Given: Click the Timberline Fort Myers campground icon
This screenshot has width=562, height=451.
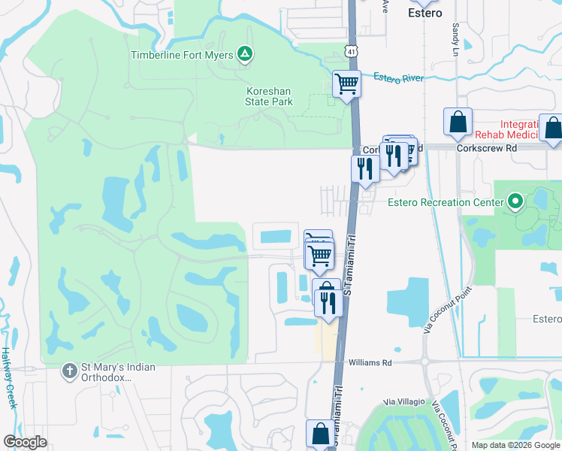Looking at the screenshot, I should tap(244, 54).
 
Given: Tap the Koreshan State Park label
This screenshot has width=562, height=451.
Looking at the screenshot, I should tap(268, 96).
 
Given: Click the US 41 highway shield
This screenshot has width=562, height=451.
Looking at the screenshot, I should tap(352, 50).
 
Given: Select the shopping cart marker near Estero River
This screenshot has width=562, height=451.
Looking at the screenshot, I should tap(346, 83).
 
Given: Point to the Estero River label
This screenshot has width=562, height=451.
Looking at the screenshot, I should tap(398, 77).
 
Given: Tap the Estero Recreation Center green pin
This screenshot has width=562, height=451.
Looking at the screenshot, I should tap(515, 201).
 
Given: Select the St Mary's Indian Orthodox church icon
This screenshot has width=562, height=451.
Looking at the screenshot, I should tap(69, 371).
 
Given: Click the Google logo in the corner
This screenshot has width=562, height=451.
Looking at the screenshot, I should tap(25, 442).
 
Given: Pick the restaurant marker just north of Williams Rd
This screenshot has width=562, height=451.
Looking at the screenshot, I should tap(327, 299).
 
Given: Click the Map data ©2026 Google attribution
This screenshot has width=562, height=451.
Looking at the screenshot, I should tap(515, 445).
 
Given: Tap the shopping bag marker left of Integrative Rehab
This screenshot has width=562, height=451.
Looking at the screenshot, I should tap(458, 122).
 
